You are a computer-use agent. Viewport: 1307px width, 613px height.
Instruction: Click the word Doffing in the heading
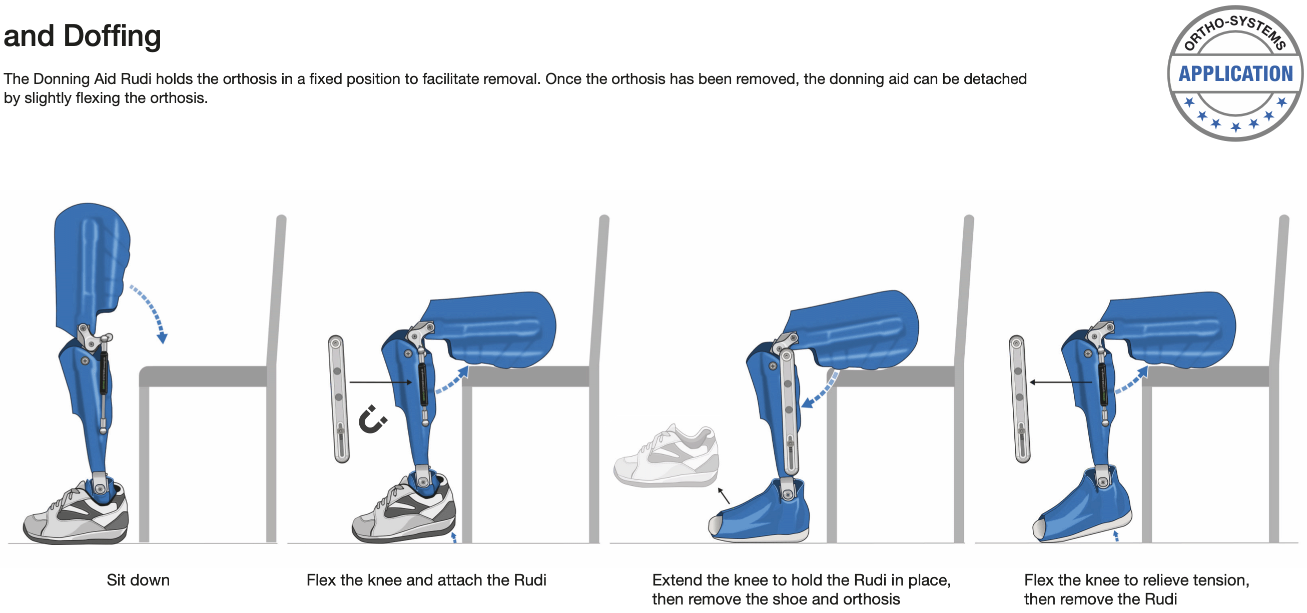click(112, 36)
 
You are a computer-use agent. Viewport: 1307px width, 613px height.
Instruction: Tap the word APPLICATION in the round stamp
click(1235, 74)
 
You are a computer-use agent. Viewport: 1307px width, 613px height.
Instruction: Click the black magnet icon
click(373, 419)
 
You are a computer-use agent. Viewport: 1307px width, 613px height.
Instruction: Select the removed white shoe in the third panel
click(666, 456)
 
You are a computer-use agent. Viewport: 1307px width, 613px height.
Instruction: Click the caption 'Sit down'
click(138, 579)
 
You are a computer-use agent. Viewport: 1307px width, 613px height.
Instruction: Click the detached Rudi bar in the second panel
click(339, 398)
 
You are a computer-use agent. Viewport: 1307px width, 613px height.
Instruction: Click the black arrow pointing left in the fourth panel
click(1060, 382)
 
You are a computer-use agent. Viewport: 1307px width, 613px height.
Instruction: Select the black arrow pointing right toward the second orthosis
click(380, 382)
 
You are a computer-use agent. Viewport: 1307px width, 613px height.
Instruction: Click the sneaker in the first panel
click(76, 512)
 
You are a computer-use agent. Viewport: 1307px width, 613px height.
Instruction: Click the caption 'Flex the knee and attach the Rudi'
click(426, 579)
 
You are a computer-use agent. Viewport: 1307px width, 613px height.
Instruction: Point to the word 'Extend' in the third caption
click(677, 579)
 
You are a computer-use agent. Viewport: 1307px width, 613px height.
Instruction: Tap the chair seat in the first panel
click(203, 376)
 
